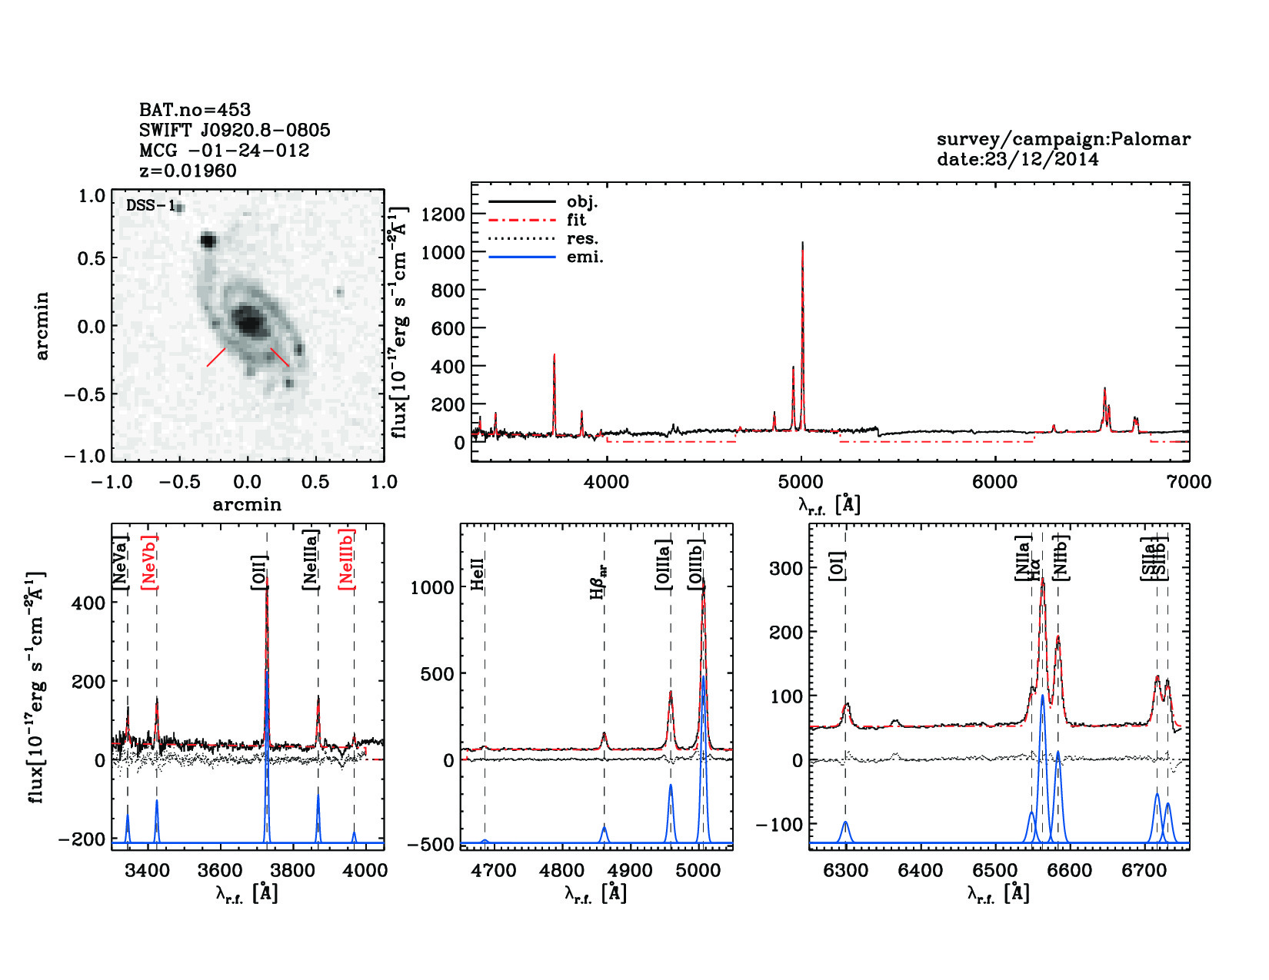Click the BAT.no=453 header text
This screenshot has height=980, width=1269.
(195, 110)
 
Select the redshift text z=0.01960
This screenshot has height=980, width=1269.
(188, 171)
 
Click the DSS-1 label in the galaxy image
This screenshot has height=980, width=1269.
(151, 205)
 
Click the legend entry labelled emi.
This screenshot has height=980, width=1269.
(585, 257)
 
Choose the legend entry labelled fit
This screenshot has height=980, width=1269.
(576, 220)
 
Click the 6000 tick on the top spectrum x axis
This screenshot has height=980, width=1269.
(995, 482)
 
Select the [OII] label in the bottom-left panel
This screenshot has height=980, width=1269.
(259, 572)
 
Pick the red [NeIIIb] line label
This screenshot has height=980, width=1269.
(347, 559)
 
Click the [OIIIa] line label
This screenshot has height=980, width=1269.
(664, 565)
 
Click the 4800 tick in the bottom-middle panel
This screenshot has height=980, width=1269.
(562, 870)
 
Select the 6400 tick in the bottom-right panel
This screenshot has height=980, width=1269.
(921, 870)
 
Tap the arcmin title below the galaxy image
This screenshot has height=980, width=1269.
(247, 505)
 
